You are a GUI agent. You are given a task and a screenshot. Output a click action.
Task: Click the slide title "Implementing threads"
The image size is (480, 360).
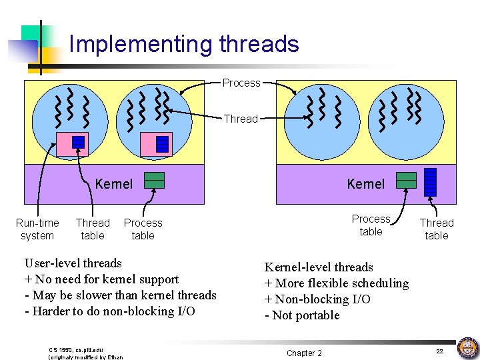click(x=184, y=44)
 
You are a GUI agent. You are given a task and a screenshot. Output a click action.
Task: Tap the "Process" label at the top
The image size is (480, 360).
click(x=241, y=83)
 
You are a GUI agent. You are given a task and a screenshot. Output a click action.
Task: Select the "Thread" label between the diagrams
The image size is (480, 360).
click(x=241, y=119)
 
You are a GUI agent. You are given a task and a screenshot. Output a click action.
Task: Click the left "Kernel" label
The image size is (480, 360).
click(x=114, y=183)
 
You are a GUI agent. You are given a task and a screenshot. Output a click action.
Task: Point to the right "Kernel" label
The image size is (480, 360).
click(x=366, y=183)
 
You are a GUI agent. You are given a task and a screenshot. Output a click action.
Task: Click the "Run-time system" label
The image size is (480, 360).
click(x=37, y=229)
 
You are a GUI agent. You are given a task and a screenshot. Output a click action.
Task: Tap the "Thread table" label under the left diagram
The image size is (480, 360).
click(x=93, y=229)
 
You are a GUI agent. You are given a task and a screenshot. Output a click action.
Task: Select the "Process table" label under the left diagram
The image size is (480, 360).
click(x=143, y=229)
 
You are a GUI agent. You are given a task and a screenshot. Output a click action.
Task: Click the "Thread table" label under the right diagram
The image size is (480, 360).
click(x=437, y=229)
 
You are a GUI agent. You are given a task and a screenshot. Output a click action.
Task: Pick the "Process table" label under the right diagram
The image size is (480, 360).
click(x=371, y=225)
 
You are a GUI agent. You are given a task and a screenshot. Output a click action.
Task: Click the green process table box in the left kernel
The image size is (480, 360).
click(x=155, y=181)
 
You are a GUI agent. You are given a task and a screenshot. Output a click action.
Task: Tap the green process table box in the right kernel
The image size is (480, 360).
click(x=406, y=180)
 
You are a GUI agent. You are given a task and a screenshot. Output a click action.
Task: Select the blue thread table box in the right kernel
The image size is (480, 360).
click(x=430, y=182)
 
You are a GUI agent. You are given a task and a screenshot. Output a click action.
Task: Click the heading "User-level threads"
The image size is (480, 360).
click(x=73, y=263)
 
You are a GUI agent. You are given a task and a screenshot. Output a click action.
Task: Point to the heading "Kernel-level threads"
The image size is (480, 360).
click(x=319, y=267)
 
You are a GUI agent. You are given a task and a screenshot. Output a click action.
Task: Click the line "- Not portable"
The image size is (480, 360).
click(x=302, y=315)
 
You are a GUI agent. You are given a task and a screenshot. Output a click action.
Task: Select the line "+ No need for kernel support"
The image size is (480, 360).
click(x=101, y=279)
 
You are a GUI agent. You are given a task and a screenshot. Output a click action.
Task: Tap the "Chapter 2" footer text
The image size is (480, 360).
click(x=304, y=353)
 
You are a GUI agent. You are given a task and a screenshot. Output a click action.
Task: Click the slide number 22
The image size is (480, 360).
click(x=439, y=351)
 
